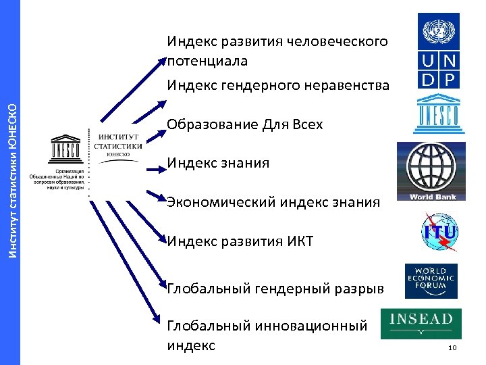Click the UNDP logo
(439, 51)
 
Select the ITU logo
(439, 233)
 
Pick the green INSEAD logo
(421, 323)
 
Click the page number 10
(452, 348)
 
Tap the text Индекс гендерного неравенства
(279, 85)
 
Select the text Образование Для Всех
(245, 124)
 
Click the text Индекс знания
(218, 163)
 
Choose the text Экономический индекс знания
(273, 202)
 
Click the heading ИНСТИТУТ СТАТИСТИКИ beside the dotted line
(118, 141)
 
